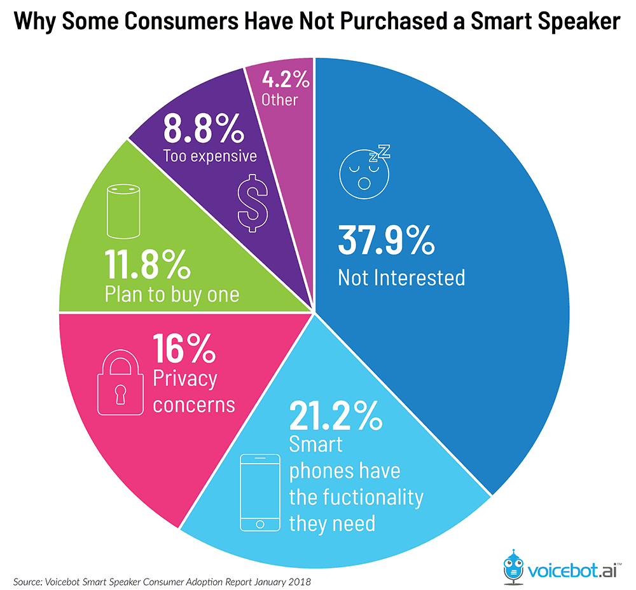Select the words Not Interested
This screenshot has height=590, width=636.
(401, 278)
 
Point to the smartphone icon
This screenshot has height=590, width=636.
(259, 492)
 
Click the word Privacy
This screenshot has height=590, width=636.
(185, 379)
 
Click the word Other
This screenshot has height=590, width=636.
(279, 99)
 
